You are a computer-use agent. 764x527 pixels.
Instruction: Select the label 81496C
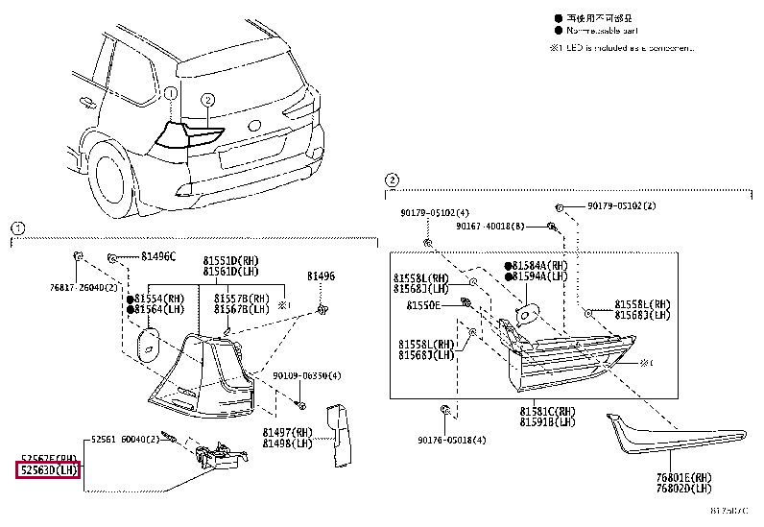tap(158, 256)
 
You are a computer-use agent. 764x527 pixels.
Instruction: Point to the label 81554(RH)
tap(158, 299)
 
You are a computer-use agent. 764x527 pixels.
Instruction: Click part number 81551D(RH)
tap(231, 260)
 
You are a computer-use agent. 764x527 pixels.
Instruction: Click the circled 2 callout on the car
tap(207, 99)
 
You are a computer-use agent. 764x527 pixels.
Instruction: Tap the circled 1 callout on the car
tap(170, 94)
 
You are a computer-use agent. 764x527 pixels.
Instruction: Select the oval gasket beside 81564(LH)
tap(149, 342)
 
